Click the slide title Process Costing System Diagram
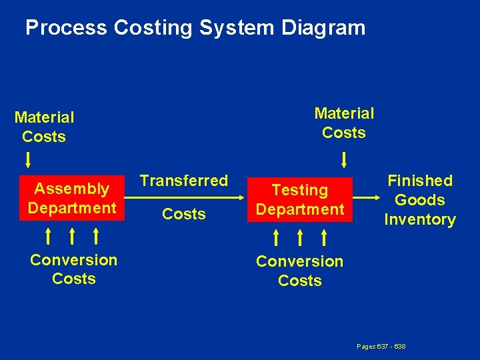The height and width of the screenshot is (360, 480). point(195,28)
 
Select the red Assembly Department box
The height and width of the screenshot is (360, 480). point(72,198)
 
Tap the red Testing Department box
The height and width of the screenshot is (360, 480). point(300,199)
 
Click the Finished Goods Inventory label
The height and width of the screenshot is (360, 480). point(419,200)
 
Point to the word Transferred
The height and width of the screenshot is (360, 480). point(184,181)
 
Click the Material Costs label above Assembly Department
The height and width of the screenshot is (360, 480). point(44,127)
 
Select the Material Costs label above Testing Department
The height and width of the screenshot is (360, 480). point(344,123)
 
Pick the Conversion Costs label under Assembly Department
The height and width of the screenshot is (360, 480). point(73,269)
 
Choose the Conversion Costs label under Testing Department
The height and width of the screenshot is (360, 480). point(299,271)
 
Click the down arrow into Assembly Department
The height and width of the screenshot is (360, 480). point(29,160)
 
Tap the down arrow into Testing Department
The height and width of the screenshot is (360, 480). point(344,160)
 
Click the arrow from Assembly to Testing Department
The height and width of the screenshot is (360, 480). point(183,197)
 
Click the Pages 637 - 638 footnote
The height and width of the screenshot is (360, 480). point(381,347)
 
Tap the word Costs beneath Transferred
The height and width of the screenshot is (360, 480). point(184,214)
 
